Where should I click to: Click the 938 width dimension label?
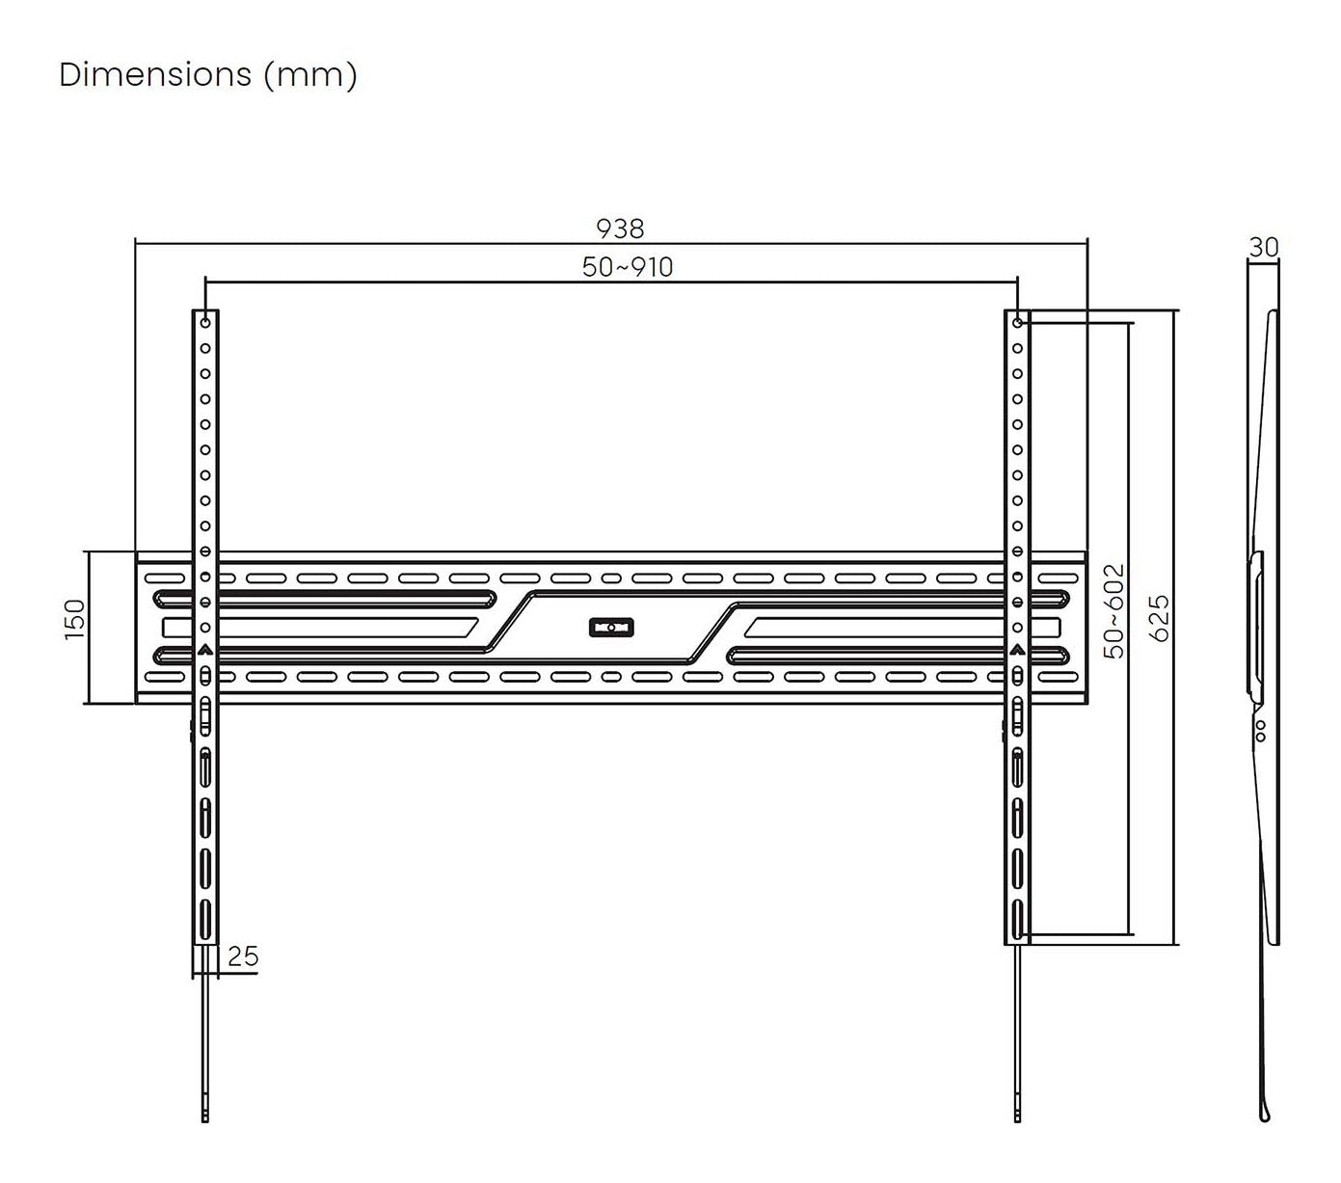pyautogui.click(x=620, y=229)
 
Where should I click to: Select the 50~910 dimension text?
pyautogui.click(x=627, y=267)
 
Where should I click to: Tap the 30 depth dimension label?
pyautogui.click(x=1264, y=248)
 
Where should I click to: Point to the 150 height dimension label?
pyautogui.click(x=75, y=619)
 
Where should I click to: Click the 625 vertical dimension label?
pyautogui.click(x=1159, y=618)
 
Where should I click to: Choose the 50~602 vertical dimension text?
pyautogui.click(x=1113, y=610)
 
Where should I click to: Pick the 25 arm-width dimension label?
pyautogui.click(x=243, y=955)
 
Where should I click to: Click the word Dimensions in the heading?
pyautogui.click(x=155, y=74)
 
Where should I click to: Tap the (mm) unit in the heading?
pyautogui.click(x=310, y=75)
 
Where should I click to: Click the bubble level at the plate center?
pyautogui.click(x=611, y=627)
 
